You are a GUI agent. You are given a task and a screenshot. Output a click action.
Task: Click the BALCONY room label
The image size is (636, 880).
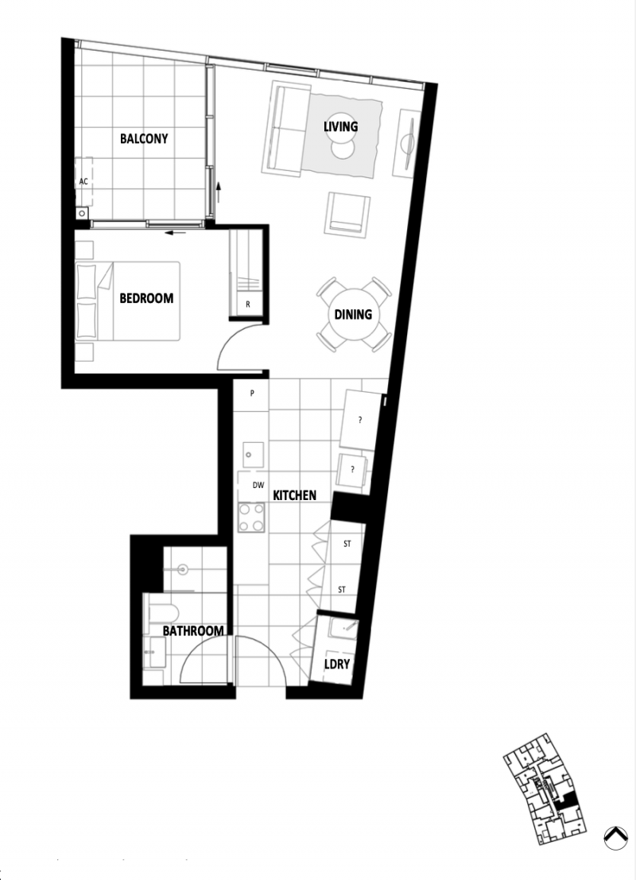click(x=144, y=138)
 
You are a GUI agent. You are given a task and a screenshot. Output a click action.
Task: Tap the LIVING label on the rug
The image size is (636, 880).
click(x=340, y=126)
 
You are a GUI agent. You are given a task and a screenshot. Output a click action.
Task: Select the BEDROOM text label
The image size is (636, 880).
click(x=146, y=298)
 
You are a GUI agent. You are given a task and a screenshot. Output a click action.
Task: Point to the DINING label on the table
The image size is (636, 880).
click(x=353, y=314)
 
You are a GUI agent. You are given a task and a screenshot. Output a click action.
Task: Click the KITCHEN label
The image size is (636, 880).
click(x=294, y=495)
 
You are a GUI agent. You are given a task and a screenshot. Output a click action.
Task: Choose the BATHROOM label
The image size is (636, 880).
click(x=193, y=631)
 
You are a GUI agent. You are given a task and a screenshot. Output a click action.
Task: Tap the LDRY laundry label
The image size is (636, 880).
click(x=337, y=664)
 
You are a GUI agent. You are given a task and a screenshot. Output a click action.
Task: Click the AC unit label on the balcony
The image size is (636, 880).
click(x=83, y=181)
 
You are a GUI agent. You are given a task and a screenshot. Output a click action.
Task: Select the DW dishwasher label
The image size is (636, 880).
click(x=258, y=485)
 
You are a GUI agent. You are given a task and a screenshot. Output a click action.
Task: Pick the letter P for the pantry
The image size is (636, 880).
click(x=252, y=393)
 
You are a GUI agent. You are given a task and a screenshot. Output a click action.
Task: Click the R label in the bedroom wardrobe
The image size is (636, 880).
click(x=248, y=305)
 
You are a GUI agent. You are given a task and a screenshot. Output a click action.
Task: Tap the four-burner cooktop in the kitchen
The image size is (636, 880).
click(x=251, y=518)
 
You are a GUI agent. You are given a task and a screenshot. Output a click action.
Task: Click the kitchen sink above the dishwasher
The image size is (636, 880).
click(x=254, y=454)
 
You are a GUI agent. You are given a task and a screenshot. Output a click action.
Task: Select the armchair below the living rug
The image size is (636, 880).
click(x=347, y=215)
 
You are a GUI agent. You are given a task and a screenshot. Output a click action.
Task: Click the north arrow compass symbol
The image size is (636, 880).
click(x=616, y=838)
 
